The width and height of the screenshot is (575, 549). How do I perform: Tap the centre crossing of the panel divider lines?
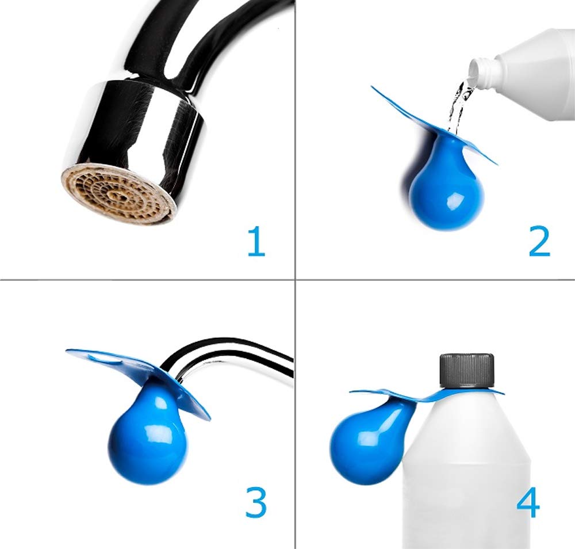point(295,280)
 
